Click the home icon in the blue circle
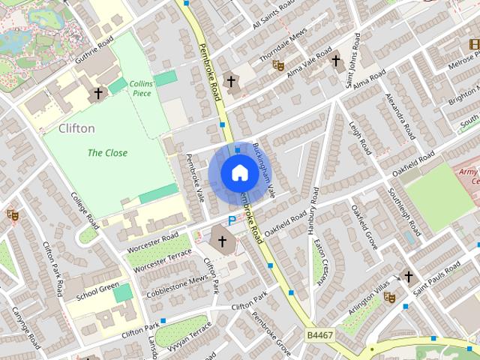(x=239, y=173)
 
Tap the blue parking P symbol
(x=232, y=220)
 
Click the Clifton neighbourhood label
(x=77, y=128)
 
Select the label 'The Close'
(x=107, y=153)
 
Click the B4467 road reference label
(x=320, y=335)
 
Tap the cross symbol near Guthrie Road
(x=97, y=94)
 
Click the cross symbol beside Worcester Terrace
(x=222, y=241)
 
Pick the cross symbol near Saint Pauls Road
(x=409, y=277)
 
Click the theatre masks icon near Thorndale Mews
(x=278, y=65)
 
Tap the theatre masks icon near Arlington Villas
(x=388, y=297)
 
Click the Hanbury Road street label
(x=313, y=215)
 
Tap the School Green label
(x=99, y=286)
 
